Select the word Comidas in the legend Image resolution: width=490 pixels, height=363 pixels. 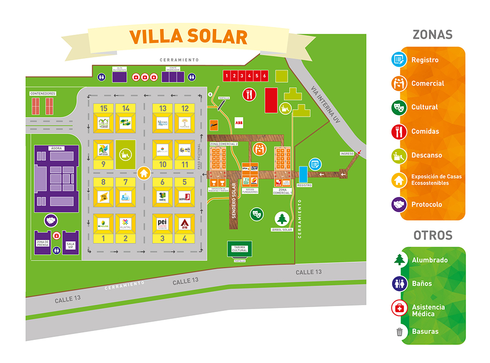pyautogui.click(x=425, y=131)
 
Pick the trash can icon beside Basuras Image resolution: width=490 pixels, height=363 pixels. pyautogui.click(x=399, y=332)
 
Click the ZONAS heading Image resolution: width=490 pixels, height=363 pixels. pyautogui.click(x=432, y=35)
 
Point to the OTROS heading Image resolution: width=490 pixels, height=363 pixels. pyautogui.click(x=433, y=235)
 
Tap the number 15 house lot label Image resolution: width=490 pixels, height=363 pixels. pyautogui.click(x=103, y=108)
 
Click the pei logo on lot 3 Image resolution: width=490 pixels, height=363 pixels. pyautogui.click(x=163, y=223)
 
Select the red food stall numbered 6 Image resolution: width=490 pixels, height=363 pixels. pyautogui.click(x=265, y=76)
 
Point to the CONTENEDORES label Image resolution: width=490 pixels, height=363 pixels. pyautogui.click(x=43, y=93)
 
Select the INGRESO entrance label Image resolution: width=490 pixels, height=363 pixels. pyautogui.click(x=347, y=154)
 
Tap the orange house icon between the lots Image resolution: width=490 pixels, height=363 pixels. pyautogui.click(x=144, y=173)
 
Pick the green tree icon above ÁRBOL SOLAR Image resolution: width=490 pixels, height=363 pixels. pyautogui.click(x=282, y=218)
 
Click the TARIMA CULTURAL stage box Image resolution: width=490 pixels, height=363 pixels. pyautogui.click(x=240, y=248)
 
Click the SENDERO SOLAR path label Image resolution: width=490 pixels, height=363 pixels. pyautogui.click(x=234, y=201)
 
